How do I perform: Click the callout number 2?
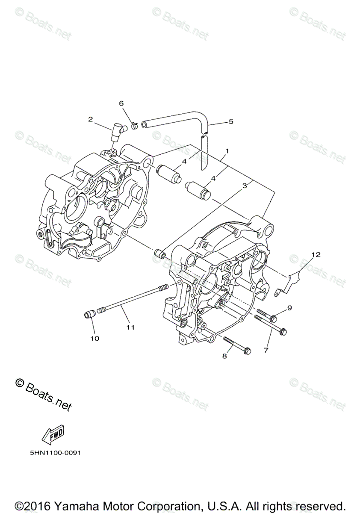[90, 119]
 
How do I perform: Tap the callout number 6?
[121, 103]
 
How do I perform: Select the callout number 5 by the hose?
[231, 121]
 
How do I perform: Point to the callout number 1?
[227, 151]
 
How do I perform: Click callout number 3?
[245, 186]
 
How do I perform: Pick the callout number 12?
[315, 255]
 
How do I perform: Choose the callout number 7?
[266, 350]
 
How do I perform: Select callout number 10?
[94, 338]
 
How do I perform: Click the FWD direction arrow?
[53, 436]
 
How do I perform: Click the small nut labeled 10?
[88, 315]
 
